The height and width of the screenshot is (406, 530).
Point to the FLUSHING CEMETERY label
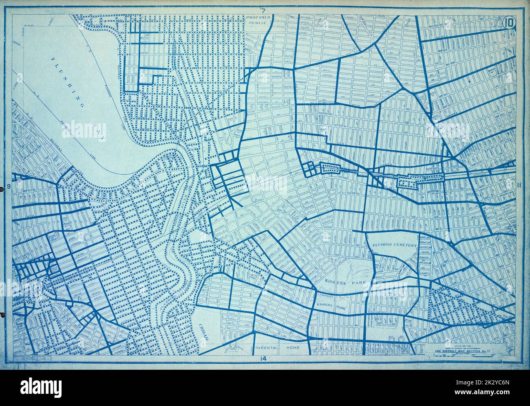(x=394, y=245)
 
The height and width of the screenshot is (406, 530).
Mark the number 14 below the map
(x=263, y=358)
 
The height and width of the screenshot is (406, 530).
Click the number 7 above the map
(x=264, y=10)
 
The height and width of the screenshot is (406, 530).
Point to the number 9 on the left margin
(x=9, y=187)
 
